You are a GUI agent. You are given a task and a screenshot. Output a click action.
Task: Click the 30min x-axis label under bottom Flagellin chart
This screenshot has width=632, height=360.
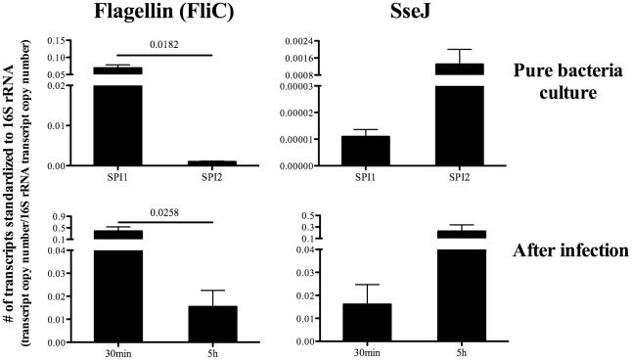tap(115, 350)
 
